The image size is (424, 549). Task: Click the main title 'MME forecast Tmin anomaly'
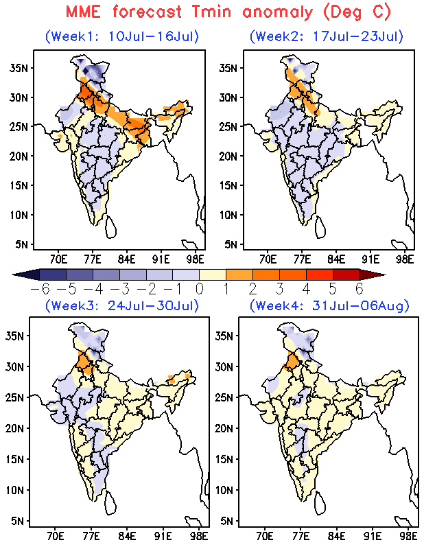[189, 12]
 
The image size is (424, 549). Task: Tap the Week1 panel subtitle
[122, 36]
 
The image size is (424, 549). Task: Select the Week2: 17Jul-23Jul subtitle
[327, 36]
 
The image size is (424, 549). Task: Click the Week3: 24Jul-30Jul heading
[122, 305]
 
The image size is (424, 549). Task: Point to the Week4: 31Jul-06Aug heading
[329, 305]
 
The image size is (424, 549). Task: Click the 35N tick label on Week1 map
[19, 68]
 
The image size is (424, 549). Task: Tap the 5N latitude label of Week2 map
[231, 244]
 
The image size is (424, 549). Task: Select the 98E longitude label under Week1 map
[196, 260]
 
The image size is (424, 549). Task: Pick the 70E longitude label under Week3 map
[55, 536]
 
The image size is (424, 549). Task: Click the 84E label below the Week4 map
[336, 536]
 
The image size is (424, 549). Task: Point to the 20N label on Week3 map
[14, 428]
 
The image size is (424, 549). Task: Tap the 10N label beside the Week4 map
[224, 490]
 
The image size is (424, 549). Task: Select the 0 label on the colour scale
[199, 289]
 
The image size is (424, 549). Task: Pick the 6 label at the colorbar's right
[360, 289]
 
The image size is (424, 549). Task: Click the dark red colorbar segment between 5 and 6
[346, 274]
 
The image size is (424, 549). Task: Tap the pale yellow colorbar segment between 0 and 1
[213, 274]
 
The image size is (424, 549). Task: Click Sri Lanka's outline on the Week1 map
[110, 227]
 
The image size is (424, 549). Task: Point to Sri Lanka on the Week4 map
[320, 503]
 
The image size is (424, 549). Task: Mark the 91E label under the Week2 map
[370, 260]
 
